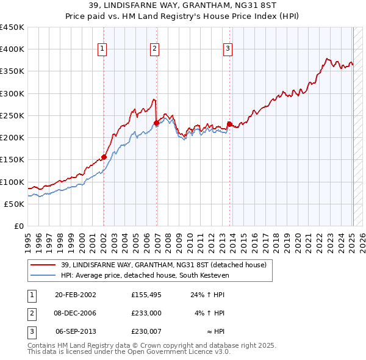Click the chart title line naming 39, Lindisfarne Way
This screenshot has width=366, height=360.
pyautogui.click(x=183, y=7)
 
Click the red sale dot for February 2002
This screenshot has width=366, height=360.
pyautogui.click(x=104, y=156)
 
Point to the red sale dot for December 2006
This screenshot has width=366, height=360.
pyautogui.click(x=156, y=123)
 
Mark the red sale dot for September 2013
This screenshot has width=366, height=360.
pyautogui.click(x=229, y=124)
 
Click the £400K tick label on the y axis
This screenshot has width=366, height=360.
pyautogui.click(x=12, y=49)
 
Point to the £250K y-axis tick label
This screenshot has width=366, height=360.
pyautogui.click(x=12, y=115)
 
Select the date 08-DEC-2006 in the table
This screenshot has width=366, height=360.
pyautogui.click(x=76, y=313)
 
